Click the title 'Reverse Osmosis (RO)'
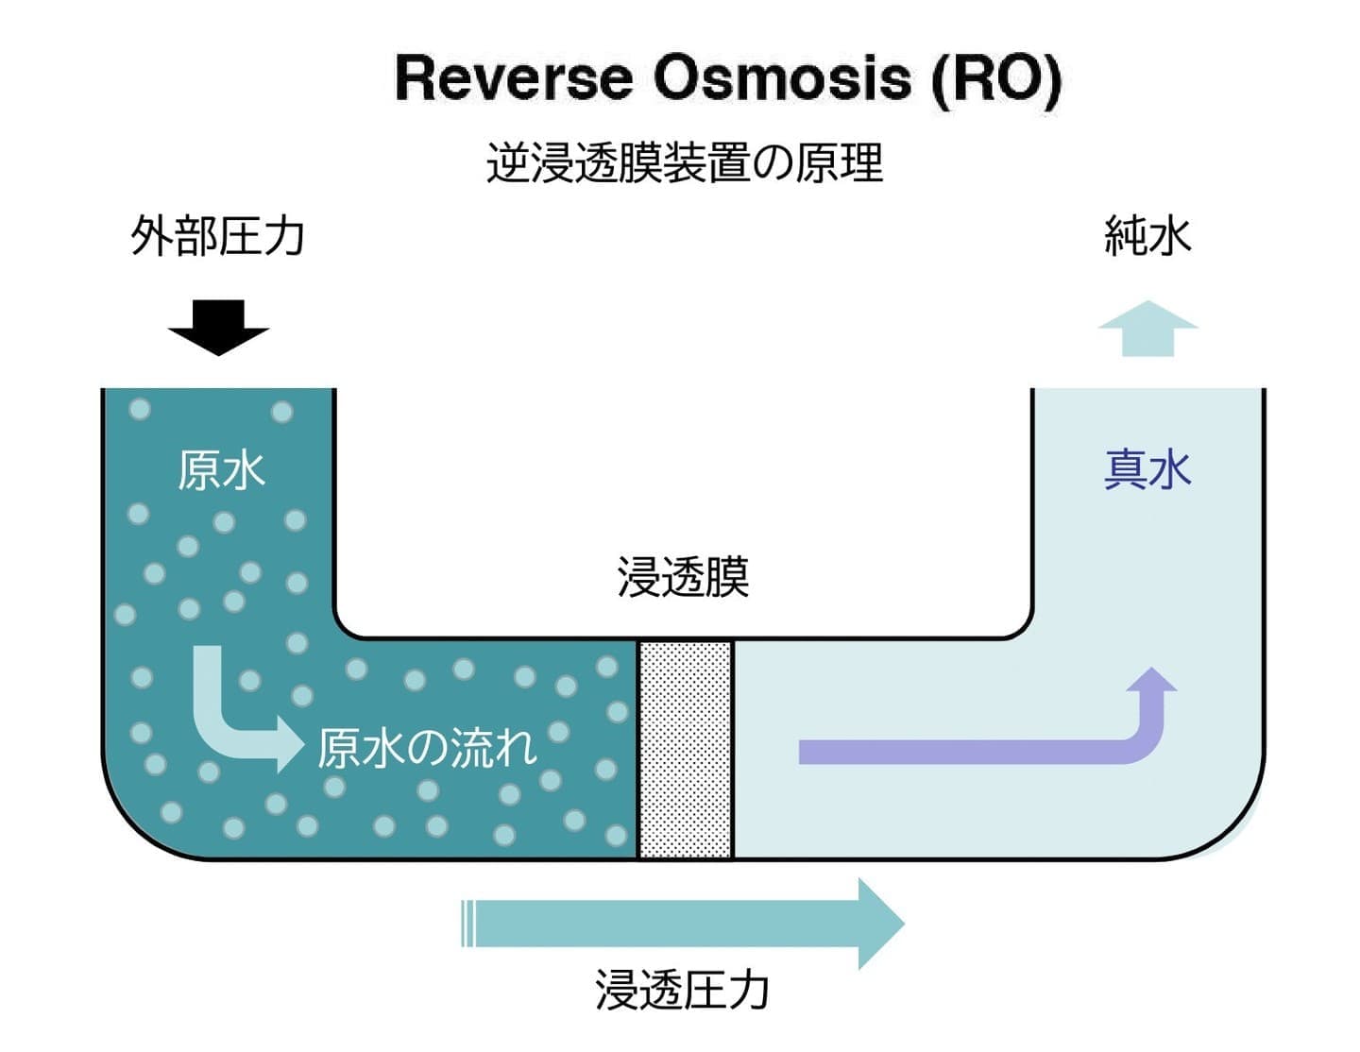(727, 77)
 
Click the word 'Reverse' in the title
(513, 77)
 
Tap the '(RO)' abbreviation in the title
(995, 77)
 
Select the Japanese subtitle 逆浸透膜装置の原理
(685, 162)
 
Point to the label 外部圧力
(218, 236)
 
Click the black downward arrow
(218, 326)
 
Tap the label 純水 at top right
(1147, 236)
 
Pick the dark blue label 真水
(1147, 469)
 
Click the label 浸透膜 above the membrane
(683, 577)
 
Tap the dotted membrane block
(686, 749)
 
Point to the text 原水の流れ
(427, 748)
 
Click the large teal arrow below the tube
(699, 924)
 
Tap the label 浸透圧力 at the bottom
(682, 990)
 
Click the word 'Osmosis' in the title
(782, 77)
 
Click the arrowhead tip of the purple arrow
(1152, 672)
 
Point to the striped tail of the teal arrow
(467, 924)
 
